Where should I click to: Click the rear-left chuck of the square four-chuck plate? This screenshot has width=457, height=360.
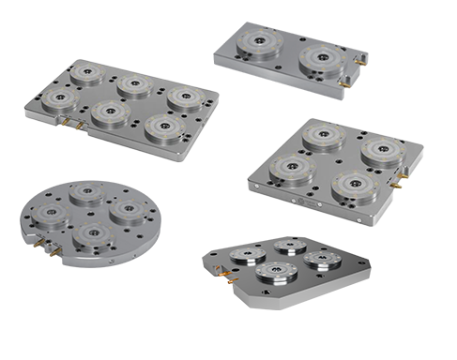tap(321, 139)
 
